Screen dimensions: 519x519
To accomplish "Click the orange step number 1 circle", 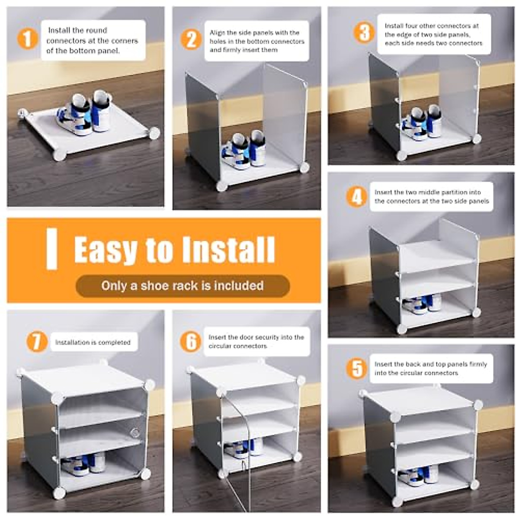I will [x=27, y=38].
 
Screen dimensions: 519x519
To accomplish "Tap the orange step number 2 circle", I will [x=191, y=40].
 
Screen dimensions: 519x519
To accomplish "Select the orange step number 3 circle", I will [x=364, y=32].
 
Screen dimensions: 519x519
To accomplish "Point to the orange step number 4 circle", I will [x=357, y=197].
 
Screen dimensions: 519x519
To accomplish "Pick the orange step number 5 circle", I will [x=357, y=368].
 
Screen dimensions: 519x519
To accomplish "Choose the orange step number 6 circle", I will [x=191, y=342].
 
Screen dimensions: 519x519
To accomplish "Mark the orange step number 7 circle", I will [x=37, y=342].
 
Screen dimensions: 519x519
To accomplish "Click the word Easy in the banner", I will [x=106, y=250].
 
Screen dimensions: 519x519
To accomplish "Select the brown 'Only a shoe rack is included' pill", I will [x=183, y=286].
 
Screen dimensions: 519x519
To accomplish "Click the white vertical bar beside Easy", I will [x=52, y=249].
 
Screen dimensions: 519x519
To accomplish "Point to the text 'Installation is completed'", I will [x=93, y=342].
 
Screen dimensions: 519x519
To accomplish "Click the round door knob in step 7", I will [x=135, y=432].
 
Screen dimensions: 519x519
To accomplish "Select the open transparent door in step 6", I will [x=237, y=450].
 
